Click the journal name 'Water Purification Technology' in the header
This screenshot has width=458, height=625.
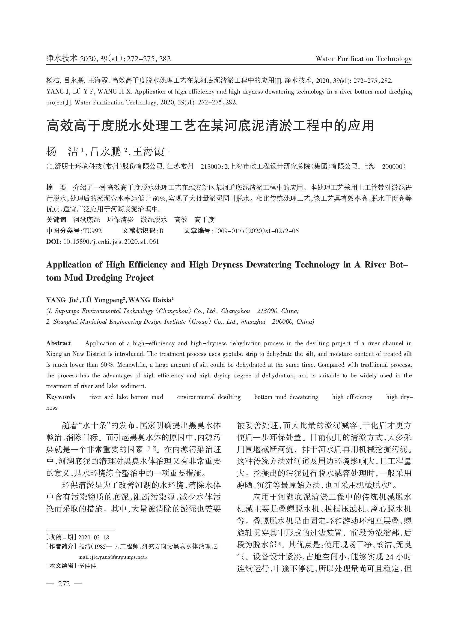click(364, 59)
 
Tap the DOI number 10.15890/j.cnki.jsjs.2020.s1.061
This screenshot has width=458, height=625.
click(111, 242)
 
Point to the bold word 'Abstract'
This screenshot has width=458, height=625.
click(58, 343)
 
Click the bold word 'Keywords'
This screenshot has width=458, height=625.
click(61, 397)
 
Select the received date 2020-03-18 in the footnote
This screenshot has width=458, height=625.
click(94, 537)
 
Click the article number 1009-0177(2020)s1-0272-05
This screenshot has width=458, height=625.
click(255, 231)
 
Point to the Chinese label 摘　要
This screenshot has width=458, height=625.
click(56, 188)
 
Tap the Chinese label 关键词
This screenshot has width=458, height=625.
click(56, 220)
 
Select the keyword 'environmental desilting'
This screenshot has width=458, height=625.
click(209, 397)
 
